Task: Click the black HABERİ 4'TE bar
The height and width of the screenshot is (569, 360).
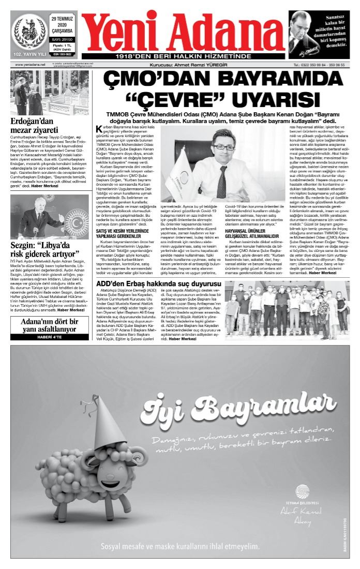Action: (51, 337)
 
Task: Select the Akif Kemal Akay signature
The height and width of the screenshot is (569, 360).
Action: (301, 515)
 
